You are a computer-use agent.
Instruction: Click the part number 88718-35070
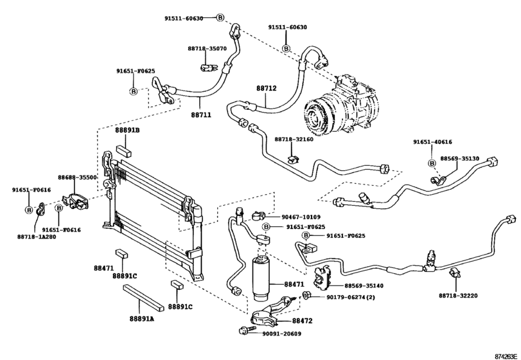click(207, 48)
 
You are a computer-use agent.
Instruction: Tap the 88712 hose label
click(266, 88)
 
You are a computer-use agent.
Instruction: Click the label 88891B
click(127, 130)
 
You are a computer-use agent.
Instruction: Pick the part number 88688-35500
click(77, 177)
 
